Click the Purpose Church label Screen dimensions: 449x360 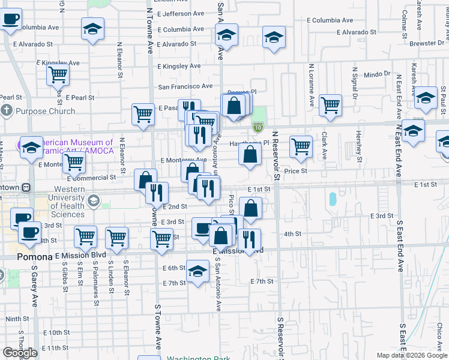point(46,111)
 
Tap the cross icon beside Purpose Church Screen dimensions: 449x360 point(7,110)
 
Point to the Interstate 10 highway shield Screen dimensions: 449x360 point(258,127)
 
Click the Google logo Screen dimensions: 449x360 point(20,353)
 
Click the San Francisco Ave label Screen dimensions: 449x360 point(185,86)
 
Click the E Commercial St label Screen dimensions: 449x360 point(91,178)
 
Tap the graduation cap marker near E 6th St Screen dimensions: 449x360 point(197,271)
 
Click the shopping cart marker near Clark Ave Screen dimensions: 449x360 point(330,105)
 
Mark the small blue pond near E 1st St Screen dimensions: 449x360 point(332,199)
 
